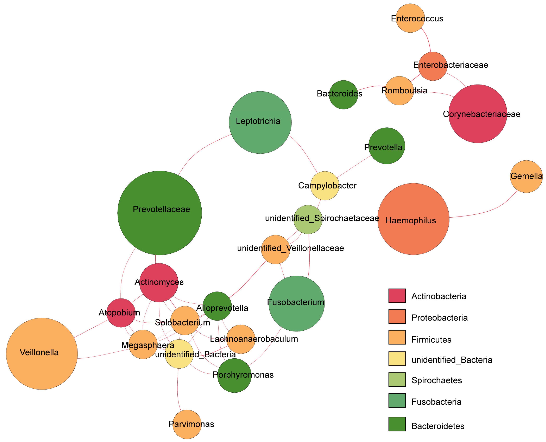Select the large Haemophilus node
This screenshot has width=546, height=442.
coord(413,219)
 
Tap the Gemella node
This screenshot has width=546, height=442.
coord(526,176)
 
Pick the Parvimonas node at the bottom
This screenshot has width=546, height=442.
coord(187,424)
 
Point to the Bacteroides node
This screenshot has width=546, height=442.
coord(343,95)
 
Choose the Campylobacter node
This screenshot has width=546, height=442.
coord(325,186)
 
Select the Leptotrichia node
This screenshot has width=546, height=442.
coord(260,123)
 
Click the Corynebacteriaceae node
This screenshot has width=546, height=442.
coord(478,114)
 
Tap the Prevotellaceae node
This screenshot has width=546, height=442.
coord(160,213)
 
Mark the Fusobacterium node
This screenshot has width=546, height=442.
coord(296,303)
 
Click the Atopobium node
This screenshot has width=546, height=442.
coord(121,313)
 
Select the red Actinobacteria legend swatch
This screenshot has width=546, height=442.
coord(397,296)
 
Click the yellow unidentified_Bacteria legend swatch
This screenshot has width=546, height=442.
coord(397,359)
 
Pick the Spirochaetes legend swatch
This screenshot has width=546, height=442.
coord(397,379)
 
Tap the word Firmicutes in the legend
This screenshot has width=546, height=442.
coord(431,340)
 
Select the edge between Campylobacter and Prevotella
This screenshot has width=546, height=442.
coord(354,166)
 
